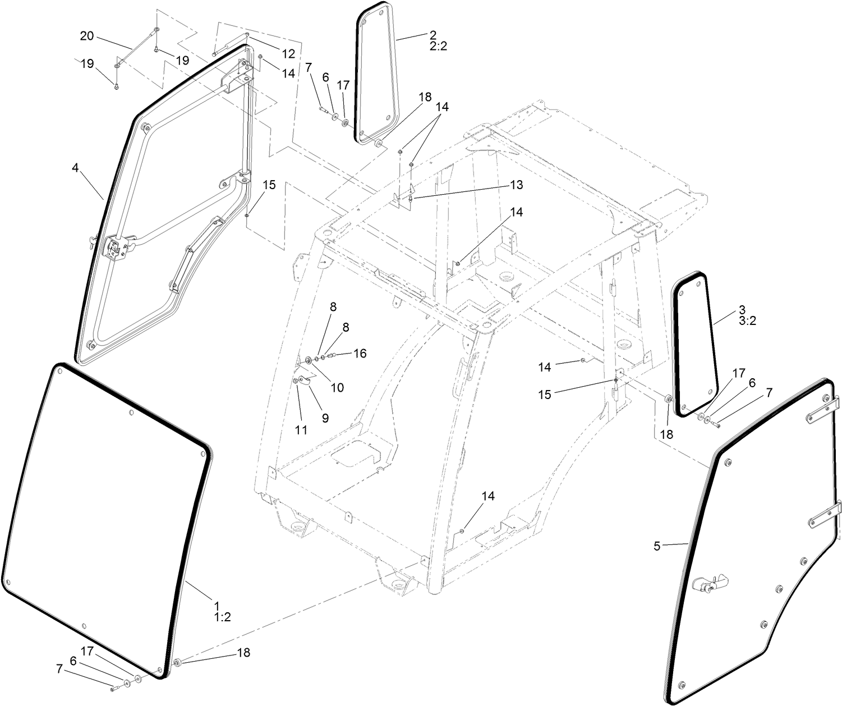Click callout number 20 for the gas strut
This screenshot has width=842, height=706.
click(86, 36)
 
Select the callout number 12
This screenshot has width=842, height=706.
click(288, 54)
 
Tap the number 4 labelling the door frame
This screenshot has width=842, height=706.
click(75, 167)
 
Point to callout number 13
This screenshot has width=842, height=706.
click(516, 185)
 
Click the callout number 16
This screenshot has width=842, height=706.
click(360, 353)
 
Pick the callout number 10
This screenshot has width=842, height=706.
click(337, 387)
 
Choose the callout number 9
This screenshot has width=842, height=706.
click(325, 418)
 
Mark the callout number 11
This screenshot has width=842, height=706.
click(301, 430)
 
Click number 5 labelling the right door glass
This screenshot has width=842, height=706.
click(657, 545)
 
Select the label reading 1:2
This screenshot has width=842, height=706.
click(222, 617)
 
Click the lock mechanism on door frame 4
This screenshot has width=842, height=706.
click(116, 247)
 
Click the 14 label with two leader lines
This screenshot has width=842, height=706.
click(442, 107)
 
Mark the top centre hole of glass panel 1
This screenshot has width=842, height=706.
click(131, 414)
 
